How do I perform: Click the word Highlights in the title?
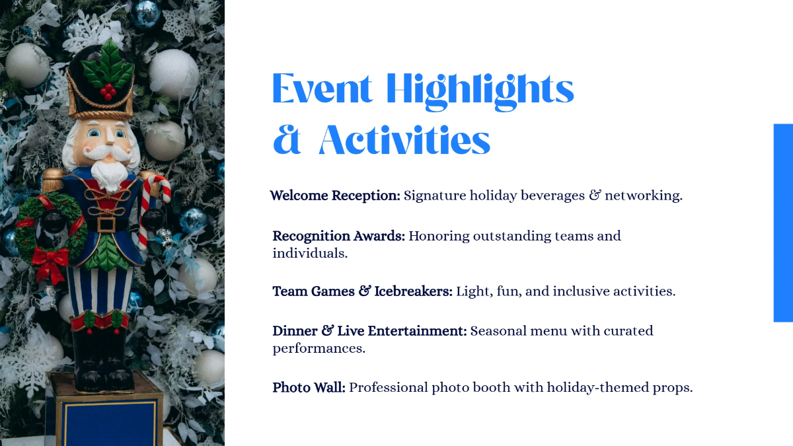[480, 89]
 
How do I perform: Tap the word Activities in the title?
[404, 140]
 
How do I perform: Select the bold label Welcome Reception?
[335, 196]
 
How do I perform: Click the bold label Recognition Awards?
[338, 236]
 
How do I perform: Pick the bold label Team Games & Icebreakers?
[362, 291]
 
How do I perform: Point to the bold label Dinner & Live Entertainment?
[369, 331]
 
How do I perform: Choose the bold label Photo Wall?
[309, 388]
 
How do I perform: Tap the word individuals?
[310, 253]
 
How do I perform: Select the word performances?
[319, 348]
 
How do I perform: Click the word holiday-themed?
[602, 388]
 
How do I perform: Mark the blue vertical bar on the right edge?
[782, 223]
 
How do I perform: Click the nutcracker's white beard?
[108, 174]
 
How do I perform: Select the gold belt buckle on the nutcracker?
[106, 224]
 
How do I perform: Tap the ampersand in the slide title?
[286, 140]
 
